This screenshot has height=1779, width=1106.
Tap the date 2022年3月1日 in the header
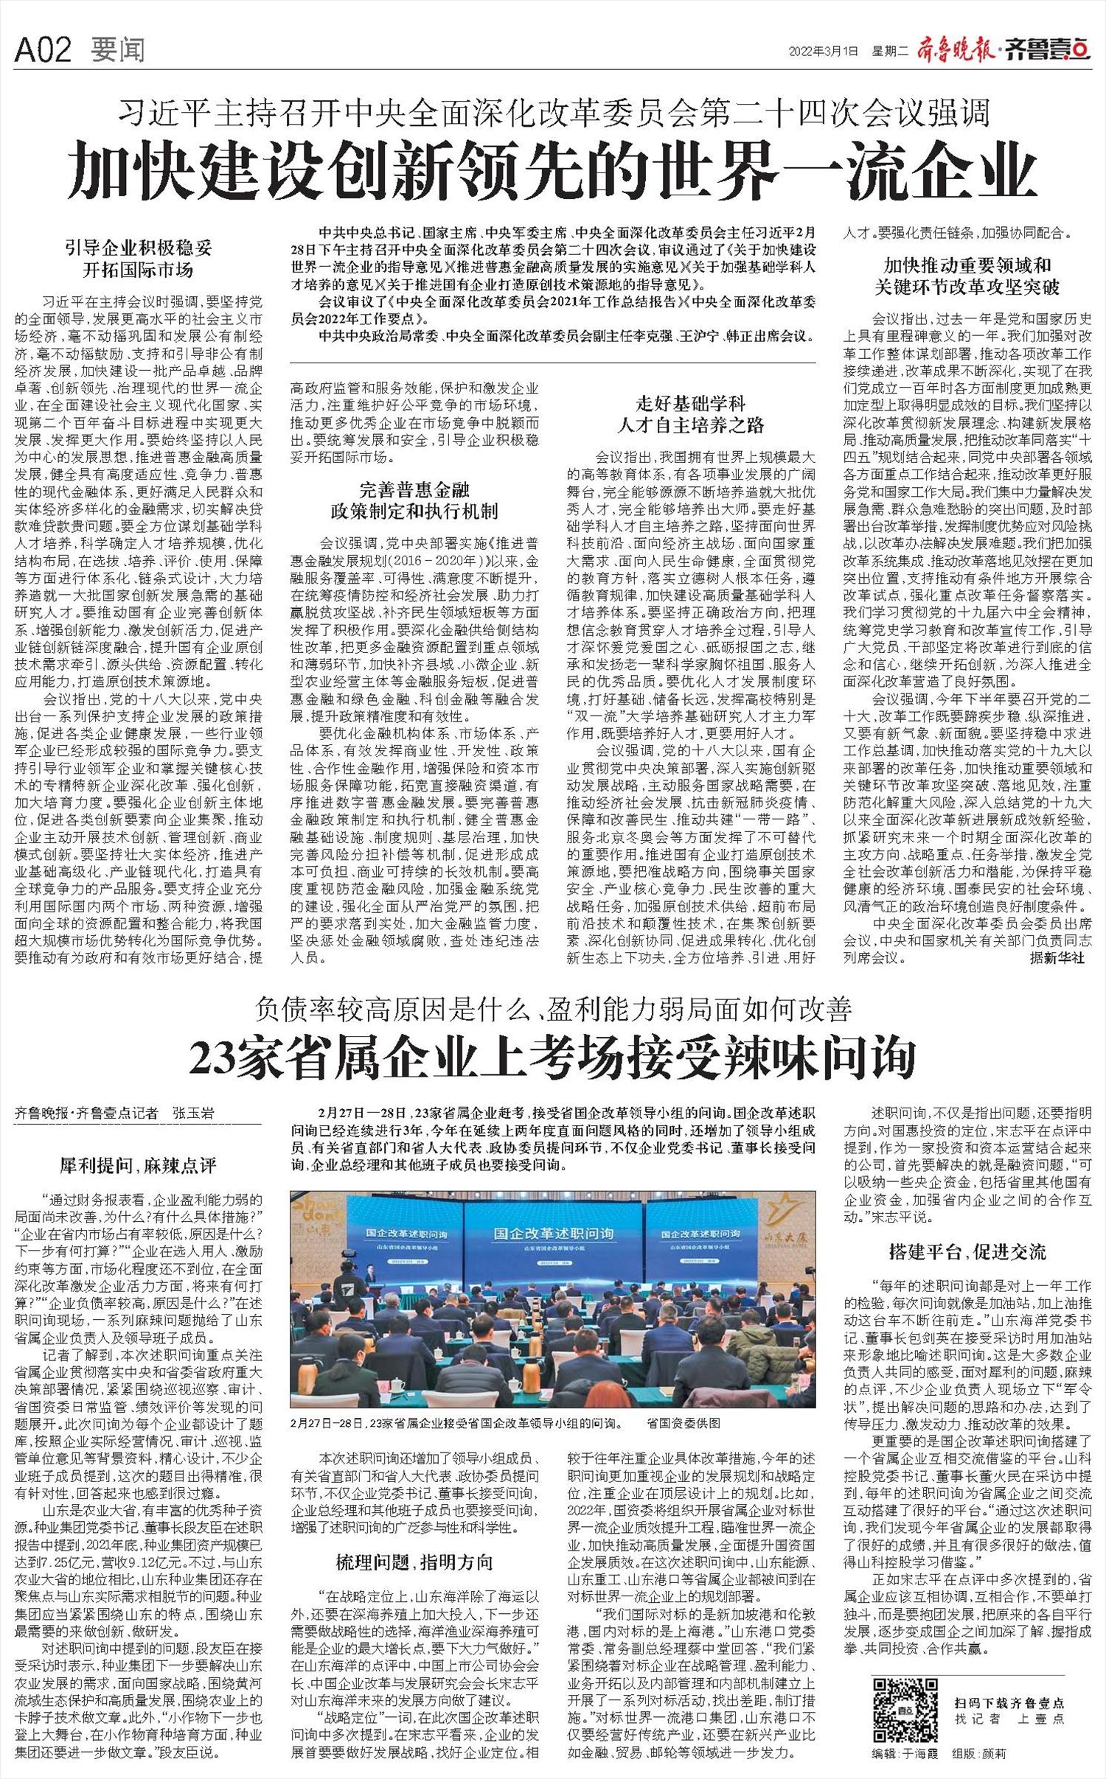(x=824, y=51)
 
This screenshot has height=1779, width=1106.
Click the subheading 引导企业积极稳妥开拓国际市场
(x=139, y=258)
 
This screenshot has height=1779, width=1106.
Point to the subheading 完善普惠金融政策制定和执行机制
(x=414, y=501)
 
